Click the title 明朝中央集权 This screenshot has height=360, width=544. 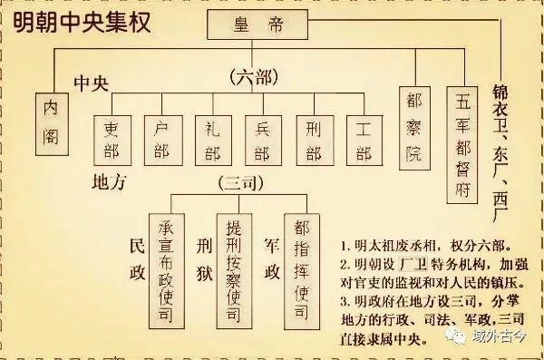tap(74, 21)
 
